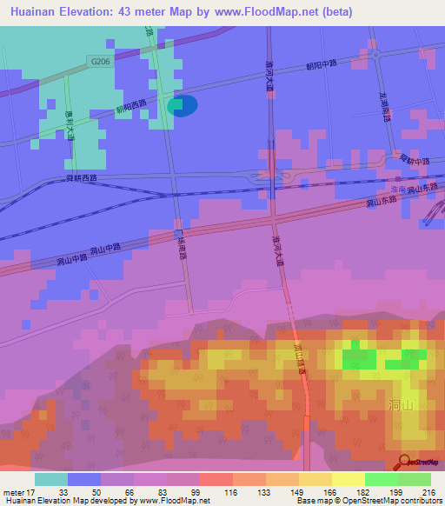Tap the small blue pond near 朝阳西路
[x=183, y=105]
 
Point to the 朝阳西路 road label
[x=131, y=107]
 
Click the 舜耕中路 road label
[x=414, y=161]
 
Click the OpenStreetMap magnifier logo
[x=404, y=462]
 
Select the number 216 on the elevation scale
[x=415, y=492]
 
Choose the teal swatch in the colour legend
[x=51, y=479]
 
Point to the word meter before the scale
[x=13, y=492]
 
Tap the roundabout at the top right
[x=375, y=54]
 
